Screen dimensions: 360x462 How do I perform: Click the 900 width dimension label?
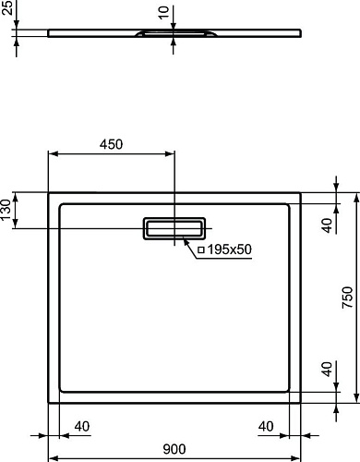[174, 449]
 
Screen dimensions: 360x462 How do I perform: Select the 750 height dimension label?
[347, 298]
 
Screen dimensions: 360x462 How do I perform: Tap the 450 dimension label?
[111, 144]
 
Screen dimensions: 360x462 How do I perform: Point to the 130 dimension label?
[6, 209]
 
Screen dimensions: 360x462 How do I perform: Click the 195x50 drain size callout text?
[230, 249]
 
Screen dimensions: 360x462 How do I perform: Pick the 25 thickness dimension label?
[6, 7]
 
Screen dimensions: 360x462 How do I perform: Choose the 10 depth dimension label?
[164, 13]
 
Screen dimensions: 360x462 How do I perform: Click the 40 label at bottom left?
[82, 426]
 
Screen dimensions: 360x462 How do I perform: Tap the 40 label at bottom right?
[266, 426]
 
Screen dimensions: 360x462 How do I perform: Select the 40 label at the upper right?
[327, 225]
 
